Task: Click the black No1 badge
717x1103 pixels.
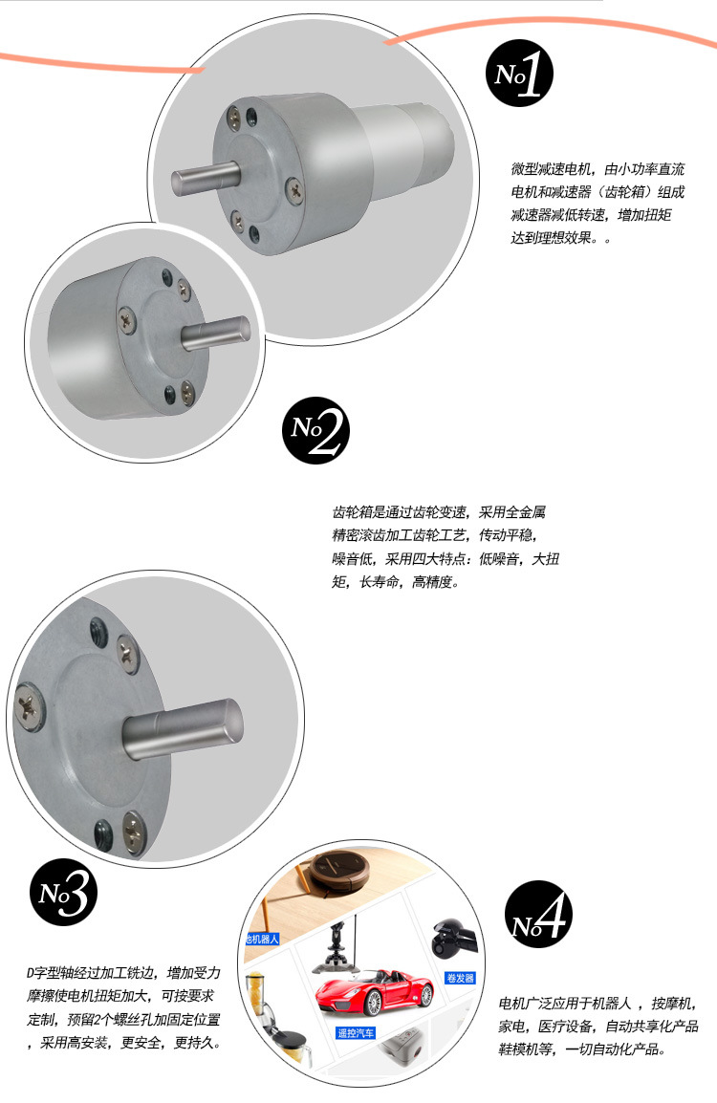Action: coord(519,74)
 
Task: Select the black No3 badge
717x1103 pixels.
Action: coord(63,893)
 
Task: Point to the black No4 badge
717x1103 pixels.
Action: coord(538,915)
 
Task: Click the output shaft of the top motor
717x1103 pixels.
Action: coord(206,178)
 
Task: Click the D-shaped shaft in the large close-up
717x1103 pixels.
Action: coord(183,729)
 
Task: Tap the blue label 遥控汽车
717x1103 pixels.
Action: coord(356,1032)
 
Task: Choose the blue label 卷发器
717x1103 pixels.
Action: coord(460,978)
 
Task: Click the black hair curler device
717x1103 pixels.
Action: coord(453,939)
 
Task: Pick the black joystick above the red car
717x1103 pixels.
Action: coord(337,947)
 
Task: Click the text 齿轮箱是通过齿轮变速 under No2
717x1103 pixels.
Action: coord(399,512)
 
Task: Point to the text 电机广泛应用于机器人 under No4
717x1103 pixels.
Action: coord(565,1003)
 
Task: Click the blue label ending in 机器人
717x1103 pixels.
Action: coord(262,940)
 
